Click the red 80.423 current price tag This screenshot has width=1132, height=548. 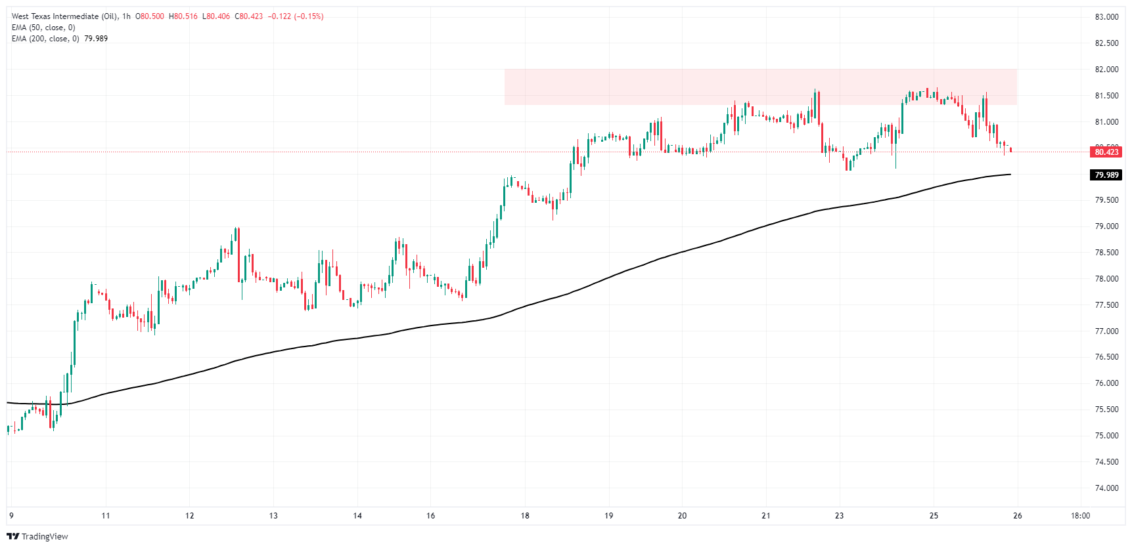[1106, 152]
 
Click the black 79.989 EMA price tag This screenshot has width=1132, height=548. [1106, 175]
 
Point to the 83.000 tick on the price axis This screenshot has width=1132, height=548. [1106, 17]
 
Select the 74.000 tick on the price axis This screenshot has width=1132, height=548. [1106, 488]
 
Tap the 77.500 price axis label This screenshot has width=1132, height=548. [1106, 305]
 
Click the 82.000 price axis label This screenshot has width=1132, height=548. [1106, 70]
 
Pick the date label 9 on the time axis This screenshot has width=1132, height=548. [12, 516]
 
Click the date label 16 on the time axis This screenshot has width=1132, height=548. [430, 516]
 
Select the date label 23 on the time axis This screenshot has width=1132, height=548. [839, 516]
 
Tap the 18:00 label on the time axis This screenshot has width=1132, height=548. [1080, 516]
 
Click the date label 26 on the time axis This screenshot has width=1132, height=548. [1017, 516]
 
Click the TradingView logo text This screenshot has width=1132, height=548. [37, 537]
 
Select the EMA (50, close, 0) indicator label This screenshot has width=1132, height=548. [43, 28]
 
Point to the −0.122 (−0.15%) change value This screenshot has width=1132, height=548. [295, 16]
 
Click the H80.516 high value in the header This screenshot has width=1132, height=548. [183, 16]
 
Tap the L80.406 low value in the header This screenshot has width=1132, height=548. [215, 16]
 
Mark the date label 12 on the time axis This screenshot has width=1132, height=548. [189, 516]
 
